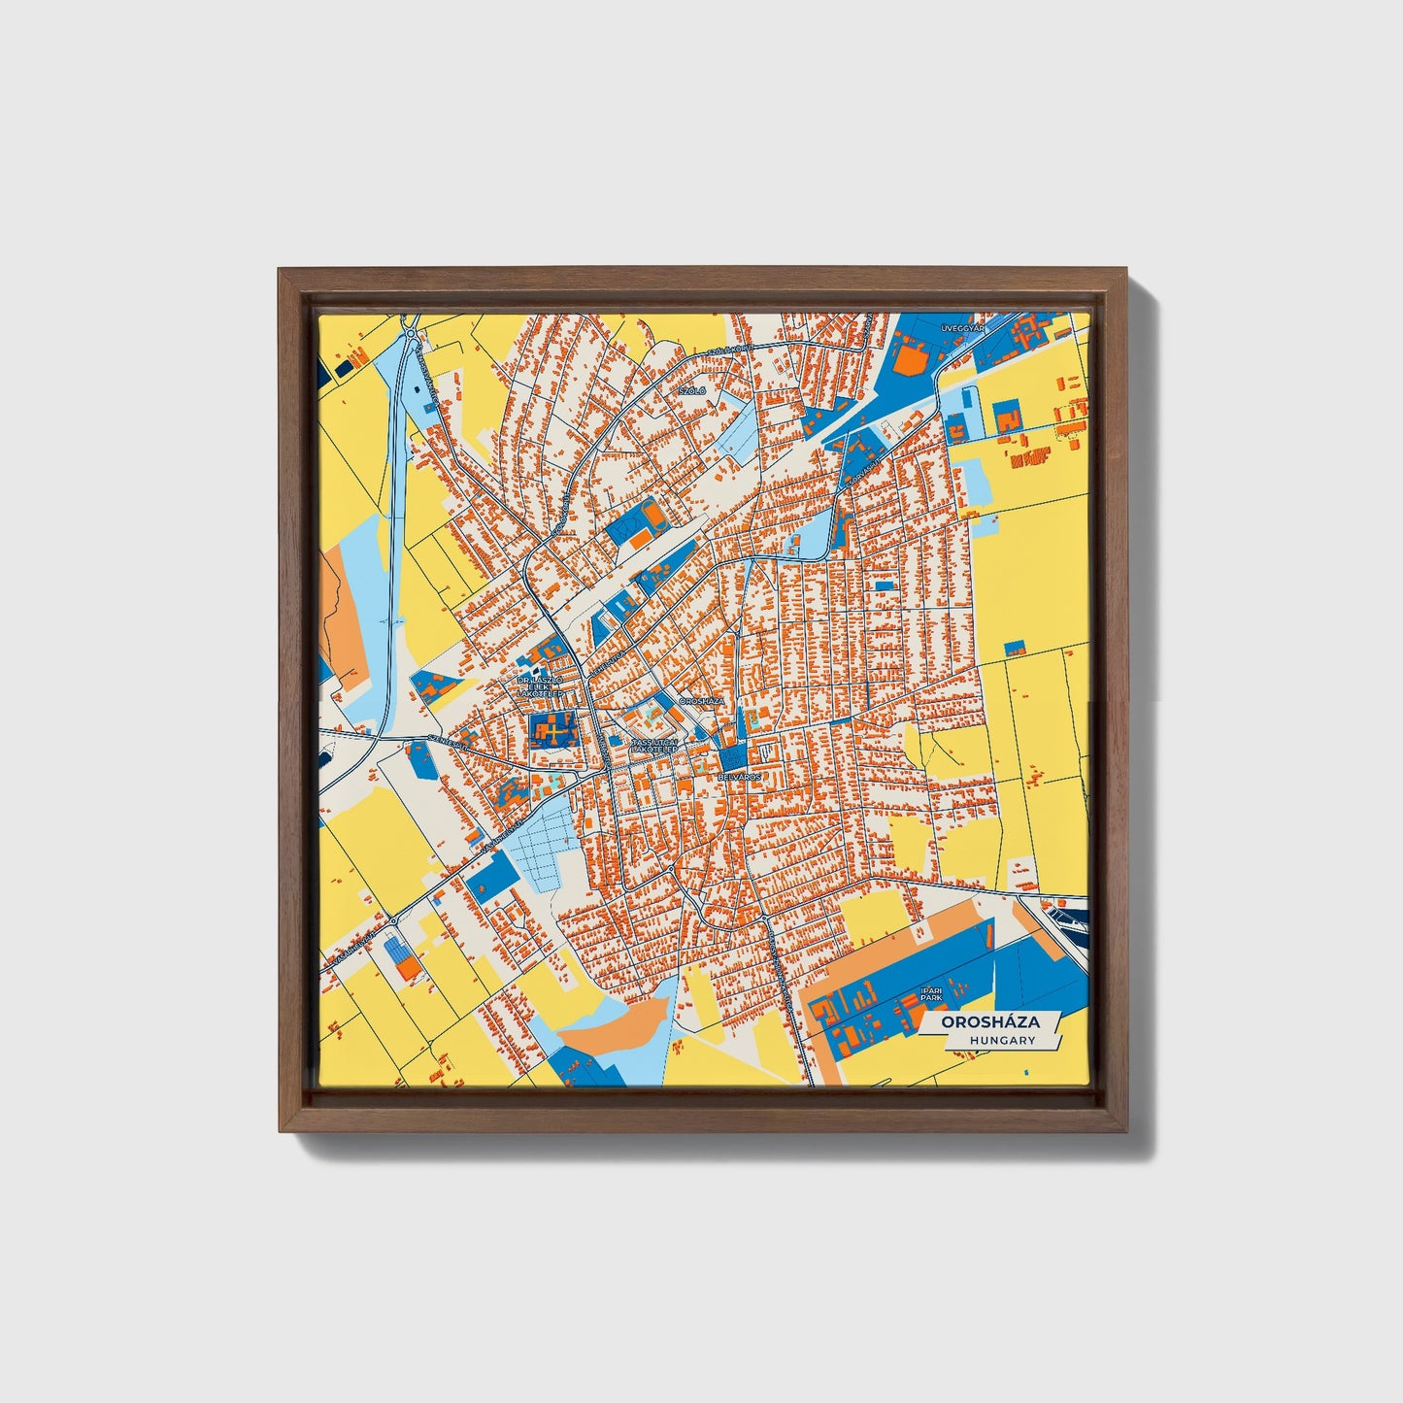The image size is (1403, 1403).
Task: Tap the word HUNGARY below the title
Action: click(x=1001, y=1040)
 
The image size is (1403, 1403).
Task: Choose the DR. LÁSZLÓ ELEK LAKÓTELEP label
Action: click(x=539, y=686)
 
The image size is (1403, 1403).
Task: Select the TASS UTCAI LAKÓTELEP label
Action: click(x=656, y=746)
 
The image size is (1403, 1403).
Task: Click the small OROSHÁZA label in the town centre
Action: click(x=702, y=700)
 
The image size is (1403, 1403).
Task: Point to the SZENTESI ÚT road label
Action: click(x=449, y=746)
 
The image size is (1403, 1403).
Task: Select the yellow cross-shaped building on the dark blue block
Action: click(x=551, y=729)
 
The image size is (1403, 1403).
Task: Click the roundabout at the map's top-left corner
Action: click(x=413, y=335)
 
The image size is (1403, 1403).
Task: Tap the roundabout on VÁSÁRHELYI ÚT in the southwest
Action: click(x=393, y=919)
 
